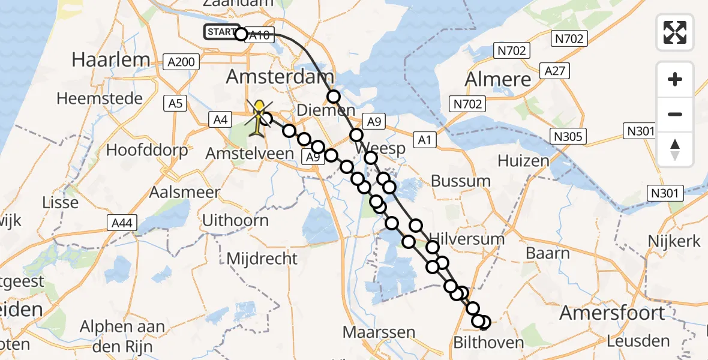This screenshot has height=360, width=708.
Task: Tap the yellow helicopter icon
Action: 259,116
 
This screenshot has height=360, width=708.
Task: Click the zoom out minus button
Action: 675,115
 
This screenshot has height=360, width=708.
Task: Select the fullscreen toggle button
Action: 675,32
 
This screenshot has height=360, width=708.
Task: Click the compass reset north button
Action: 675,149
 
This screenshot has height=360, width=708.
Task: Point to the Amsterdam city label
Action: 280,77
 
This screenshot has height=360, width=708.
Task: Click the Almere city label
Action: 499,79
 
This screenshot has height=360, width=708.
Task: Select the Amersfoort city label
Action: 612,313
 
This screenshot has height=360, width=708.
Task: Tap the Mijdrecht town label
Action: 262,259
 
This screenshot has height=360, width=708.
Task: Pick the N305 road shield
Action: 567,137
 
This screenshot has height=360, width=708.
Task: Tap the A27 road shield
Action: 555,71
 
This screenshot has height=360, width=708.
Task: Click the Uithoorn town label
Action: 235,220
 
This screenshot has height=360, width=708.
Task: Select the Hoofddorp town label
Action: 147,150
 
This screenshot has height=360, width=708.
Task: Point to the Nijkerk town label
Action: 674,241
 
